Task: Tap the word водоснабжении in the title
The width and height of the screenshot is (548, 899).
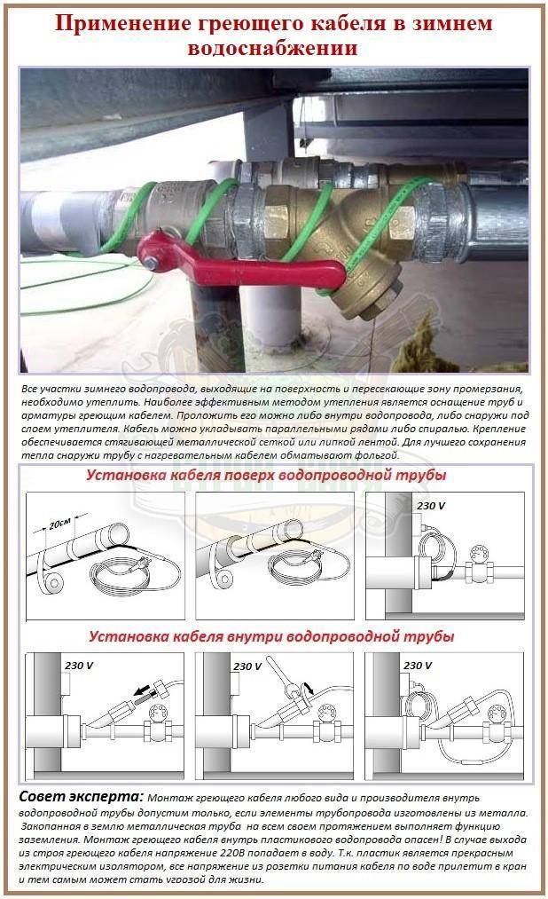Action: click(x=273, y=49)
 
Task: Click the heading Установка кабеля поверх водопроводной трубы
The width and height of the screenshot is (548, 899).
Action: click(x=266, y=475)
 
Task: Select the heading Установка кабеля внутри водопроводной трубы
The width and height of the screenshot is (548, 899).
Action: click(x=270, y=636)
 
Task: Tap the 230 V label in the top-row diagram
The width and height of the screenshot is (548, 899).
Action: click(x=431, y=505)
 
